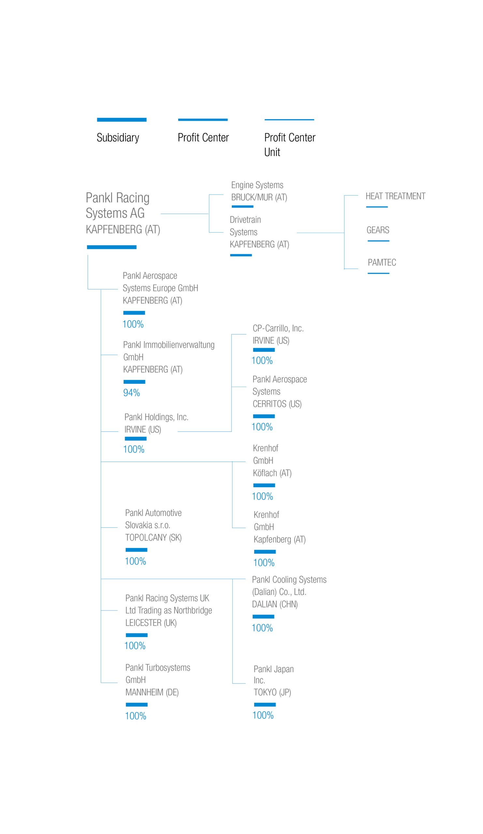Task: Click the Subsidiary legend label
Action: point(118,138)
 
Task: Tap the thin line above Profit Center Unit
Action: point(289,120)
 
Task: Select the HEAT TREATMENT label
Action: point(395,196)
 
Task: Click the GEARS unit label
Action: point(378,230)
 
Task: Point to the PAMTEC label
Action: point(382,263)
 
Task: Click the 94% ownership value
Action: point(131,393)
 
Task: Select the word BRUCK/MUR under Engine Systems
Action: point(252,197)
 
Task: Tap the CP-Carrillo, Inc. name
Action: point(278,328)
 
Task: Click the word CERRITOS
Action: point(269,404)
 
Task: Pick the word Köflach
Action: point(265,473)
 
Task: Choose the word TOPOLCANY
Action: point(146,538)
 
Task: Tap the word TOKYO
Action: point(265,692)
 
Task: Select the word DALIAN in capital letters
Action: point(264,604)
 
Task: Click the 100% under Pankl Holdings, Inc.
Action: point(134,450)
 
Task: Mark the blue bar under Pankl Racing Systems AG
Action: point(111,247)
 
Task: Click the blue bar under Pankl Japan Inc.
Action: point(265,705)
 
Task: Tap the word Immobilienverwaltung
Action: point(179,345)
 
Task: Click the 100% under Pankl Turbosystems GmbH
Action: point(135,716)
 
